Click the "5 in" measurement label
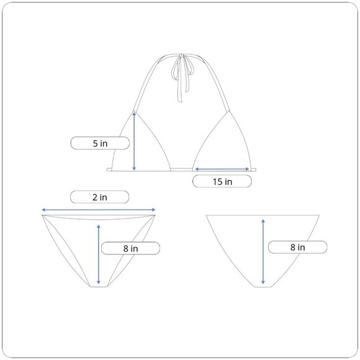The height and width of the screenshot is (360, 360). pyautogui.click(x=100, y=143)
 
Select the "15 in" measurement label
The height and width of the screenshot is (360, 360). pyautogui.click(x=222, y=181)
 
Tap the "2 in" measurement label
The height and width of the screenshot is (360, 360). pyautogui.click(x=100, y=197)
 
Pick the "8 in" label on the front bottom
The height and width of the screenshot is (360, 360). pyautogui.click(x=130, y=248)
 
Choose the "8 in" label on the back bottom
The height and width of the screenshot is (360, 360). pyautogui.click(x=297, y=247)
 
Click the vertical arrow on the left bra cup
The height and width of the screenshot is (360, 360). pyautogui.click(x=134, y=141)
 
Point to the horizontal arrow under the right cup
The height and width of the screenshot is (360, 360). pyautogui.click(x=222, y=169)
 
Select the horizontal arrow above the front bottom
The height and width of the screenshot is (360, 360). pyautogui.click(x=99, y=210)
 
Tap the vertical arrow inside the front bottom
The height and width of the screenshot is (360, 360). pyautogui.click(x=99, y=254)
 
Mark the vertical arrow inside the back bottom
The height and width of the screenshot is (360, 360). pyautogui.click(x=263, y=251)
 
